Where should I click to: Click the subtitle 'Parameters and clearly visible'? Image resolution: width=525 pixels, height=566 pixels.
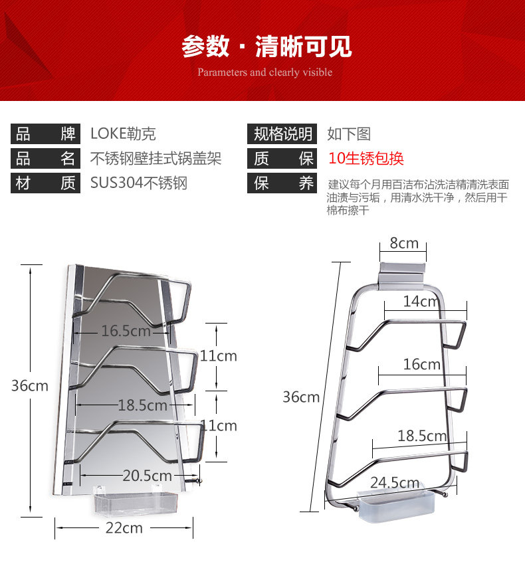click(x=264, y=72)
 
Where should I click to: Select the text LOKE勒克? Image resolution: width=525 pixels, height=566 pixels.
click(x=123, y=134)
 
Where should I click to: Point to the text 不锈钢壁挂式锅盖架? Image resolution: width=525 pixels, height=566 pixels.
click(x=156, y=159)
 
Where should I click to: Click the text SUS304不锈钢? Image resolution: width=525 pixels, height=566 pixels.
click(x=139, y=183)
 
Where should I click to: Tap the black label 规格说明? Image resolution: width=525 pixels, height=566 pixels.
click(x=282, y=134)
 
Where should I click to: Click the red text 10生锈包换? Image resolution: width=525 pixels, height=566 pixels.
click(x=366, y=159)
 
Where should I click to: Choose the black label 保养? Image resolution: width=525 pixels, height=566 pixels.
click(x=282, y=183)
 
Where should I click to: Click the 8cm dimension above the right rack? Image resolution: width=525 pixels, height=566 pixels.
click(x=404, y=243)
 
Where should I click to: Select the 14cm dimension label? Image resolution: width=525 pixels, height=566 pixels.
click(x=421, y=302)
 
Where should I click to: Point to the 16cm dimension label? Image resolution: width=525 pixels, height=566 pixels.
click(x=421, y=364)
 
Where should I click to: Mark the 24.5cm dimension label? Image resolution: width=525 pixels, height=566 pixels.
click(x=395, y=483)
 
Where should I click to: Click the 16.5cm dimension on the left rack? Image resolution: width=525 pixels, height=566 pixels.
click(x=126, y=330)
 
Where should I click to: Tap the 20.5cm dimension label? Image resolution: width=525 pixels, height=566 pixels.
click(x=147, y=476)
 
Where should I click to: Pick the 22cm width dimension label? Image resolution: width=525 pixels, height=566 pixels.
click(x=125, y=528)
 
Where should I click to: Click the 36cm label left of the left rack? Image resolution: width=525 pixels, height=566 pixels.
click(x=30, y=386)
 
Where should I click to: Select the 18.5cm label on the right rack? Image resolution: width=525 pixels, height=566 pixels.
click(x=422, y=436)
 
